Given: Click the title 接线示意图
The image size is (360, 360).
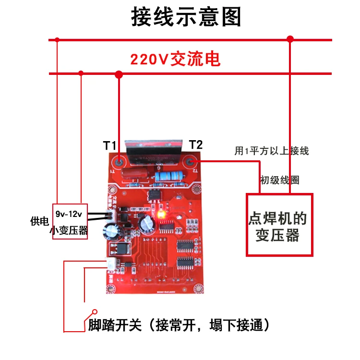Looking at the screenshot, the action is [x=186, y=17].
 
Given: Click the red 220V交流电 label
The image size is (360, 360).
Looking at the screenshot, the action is [x=175, y=60].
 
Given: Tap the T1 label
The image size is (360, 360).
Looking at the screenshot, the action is [x=109, y=145].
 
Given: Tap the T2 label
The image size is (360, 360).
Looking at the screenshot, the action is [x=196, y=144].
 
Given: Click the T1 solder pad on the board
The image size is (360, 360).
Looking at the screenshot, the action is [x=118, y=160].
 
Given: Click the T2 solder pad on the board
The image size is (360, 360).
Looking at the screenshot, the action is [x=192, y=161].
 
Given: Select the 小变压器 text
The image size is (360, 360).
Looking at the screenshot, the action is [x=69, y=230].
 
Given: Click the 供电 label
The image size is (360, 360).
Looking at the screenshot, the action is [x=39, y=221].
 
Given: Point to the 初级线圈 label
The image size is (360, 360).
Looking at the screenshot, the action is [x=279, y=180].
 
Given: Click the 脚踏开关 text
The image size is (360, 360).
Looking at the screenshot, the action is [x=115, y=325].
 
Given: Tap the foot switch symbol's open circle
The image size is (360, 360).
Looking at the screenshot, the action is [x=95, y=312].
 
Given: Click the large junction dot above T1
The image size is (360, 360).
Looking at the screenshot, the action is [x=119, y=74].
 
